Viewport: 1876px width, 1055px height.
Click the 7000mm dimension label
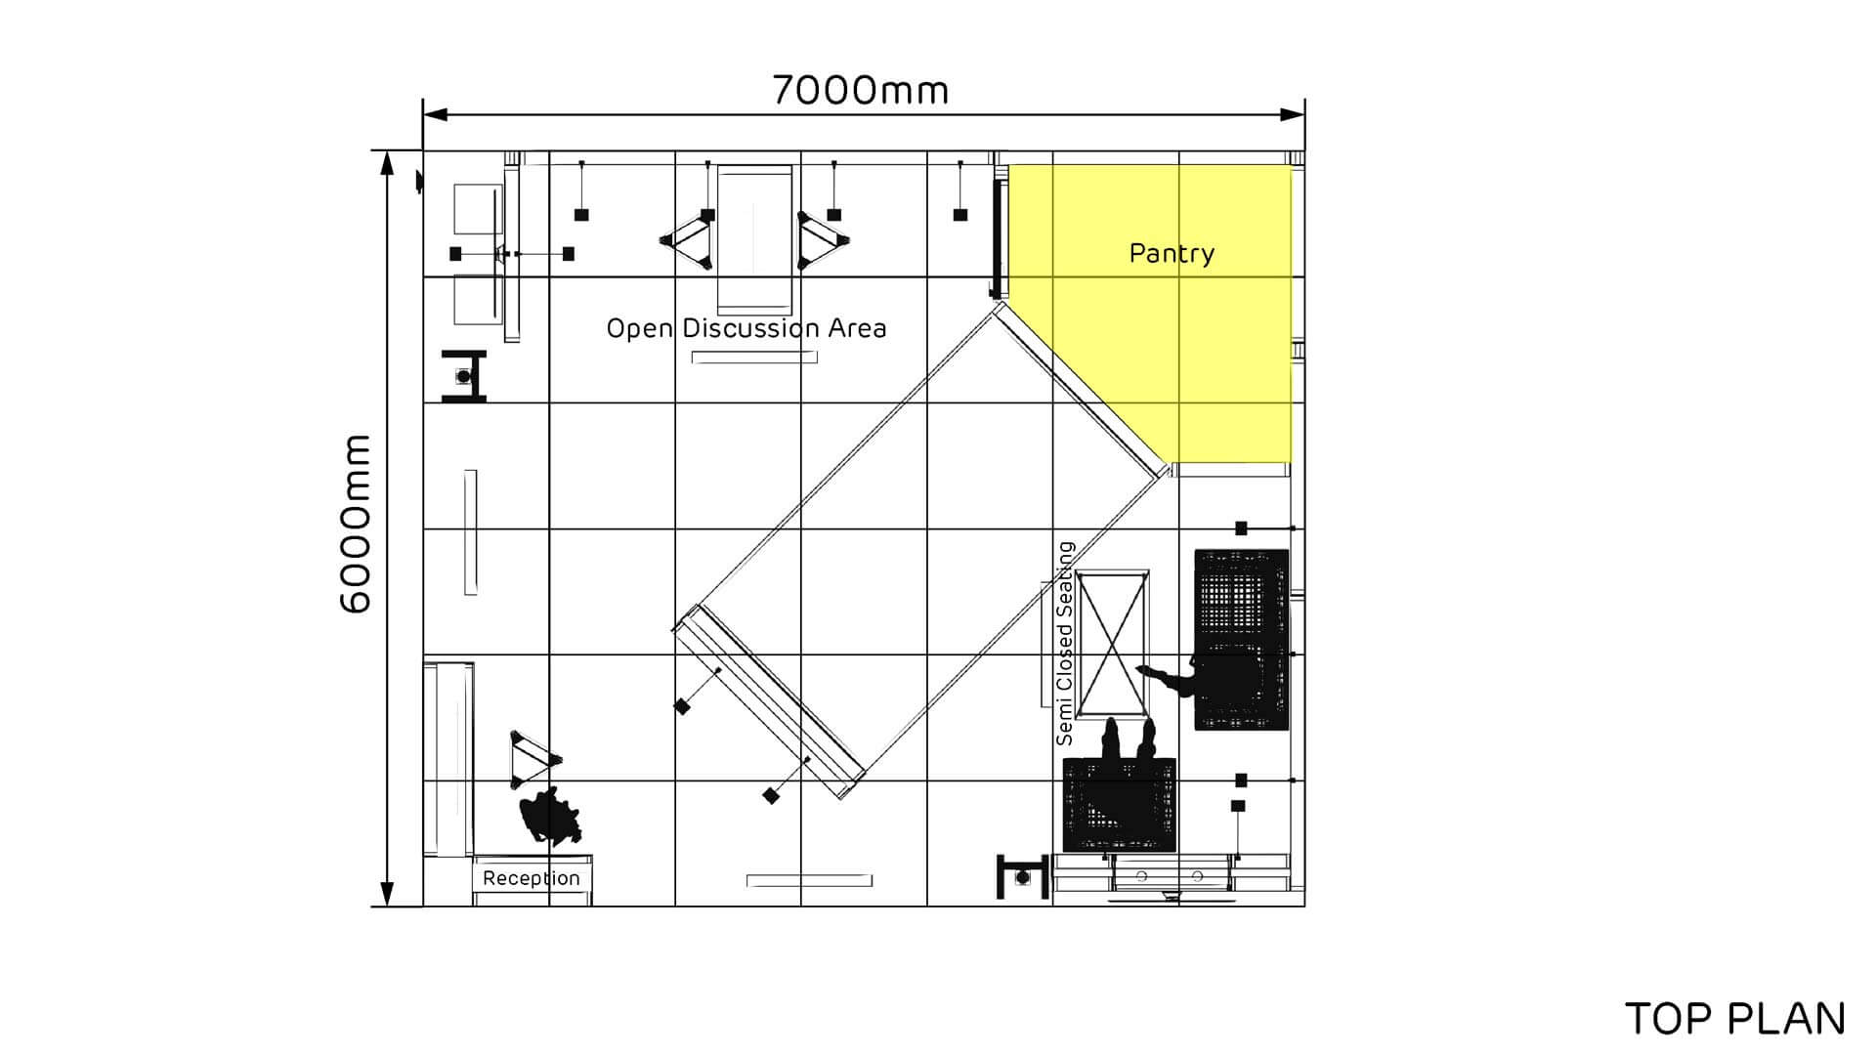click(x=860, y=90)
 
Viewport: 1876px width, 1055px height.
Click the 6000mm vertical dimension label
click(x=356, y=525)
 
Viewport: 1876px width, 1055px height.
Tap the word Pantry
click(x=1172, y=253)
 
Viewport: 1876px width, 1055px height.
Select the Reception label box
click(x=532, y=878)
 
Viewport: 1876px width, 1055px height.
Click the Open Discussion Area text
click(x=746, y=328)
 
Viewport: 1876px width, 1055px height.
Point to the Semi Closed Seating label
click(x=1065, y=644)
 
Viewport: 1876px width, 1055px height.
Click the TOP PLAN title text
click(x=1734, y=1019)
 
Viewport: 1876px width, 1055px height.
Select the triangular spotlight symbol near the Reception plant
click(x=533, y=760)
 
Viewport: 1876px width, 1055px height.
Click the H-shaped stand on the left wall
click(x=464, y=376)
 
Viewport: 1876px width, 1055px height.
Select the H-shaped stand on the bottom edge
click(x=1021, y=877)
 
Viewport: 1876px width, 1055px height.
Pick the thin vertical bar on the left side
click(x=470, y=532)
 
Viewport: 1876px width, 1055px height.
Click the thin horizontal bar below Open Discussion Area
click(x=754, y=358)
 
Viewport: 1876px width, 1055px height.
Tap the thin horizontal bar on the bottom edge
click(x=809, y=880)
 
